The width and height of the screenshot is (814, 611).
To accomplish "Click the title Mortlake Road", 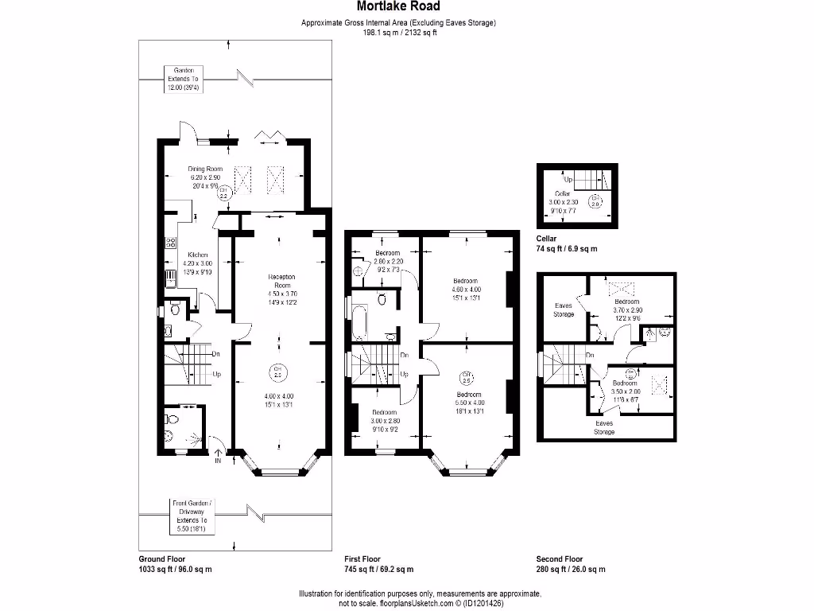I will point(398,7).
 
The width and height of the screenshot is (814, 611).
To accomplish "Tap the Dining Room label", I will point(204,169).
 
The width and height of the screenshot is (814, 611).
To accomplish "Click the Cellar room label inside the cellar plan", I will point(562,193).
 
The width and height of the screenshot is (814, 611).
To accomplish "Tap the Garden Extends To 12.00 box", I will point(184,79).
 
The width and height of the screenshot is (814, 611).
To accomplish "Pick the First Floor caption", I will point(362,559).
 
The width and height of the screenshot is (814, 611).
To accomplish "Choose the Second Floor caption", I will point(560,559).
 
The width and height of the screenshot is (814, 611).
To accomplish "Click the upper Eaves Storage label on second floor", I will point(564,309).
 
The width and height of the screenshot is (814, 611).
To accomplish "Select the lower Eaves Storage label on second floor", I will point(605,427).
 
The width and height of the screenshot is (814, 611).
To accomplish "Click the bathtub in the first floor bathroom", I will point(357,320).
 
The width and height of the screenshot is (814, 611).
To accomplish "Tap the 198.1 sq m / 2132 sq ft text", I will point(401,33).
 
